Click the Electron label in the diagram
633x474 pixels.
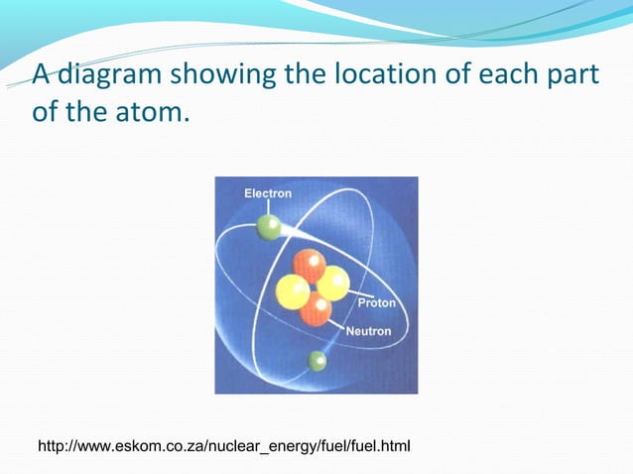pos(268,193)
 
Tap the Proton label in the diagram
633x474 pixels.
pos(376,302)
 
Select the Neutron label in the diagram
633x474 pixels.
pos(368,331)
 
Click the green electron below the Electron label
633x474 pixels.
pos(269,228)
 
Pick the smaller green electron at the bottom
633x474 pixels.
pos(317,360)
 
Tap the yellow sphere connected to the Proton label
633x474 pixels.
pos(332,283)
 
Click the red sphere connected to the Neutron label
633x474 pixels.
pos(316,308)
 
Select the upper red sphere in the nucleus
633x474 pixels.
pos(310,265)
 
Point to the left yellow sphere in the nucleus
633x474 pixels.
pos(292,292)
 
